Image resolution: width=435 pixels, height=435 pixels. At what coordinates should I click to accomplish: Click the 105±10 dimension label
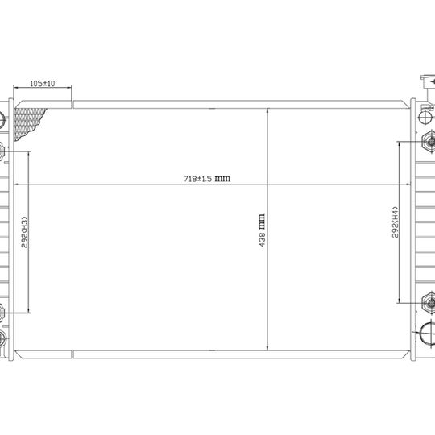43,83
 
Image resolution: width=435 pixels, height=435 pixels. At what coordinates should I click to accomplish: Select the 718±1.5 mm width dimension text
207,178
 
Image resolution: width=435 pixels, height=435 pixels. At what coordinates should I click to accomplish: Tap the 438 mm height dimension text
262,230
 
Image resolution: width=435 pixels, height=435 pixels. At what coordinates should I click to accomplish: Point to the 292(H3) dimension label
25,232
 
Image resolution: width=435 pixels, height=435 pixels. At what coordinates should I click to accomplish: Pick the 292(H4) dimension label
395,222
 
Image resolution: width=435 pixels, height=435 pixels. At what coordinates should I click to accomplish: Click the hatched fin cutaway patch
27,122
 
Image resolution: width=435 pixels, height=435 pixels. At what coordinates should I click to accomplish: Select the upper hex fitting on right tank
429,142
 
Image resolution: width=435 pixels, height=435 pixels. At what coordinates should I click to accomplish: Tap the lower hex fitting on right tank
429,303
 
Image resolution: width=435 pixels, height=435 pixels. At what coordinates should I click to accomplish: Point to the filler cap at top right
429,82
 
